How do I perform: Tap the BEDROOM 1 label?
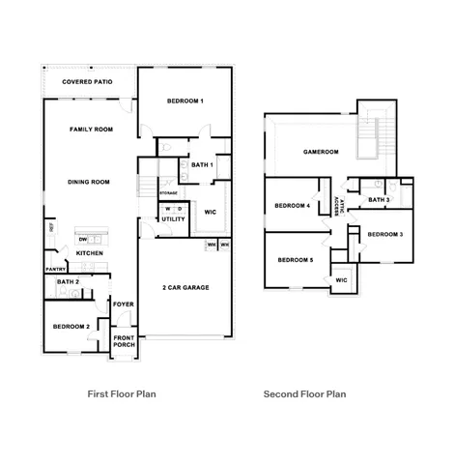point(185,101)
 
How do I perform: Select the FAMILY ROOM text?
point(92,129)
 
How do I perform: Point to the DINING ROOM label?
point(88,182)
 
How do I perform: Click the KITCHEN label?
point(90,253)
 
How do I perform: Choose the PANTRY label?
point(54,270)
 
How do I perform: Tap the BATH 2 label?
point(68,282)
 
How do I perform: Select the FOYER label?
point(123,304)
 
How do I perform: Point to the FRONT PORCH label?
point(125,340)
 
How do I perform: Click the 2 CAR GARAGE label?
point(185,287)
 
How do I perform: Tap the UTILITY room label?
point(173,219)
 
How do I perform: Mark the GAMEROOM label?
point(320,152)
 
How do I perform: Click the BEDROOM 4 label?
point(292,205)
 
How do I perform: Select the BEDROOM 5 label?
point(295,259)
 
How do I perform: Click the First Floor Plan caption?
point(122,394)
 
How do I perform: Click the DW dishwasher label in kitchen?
point(83,240)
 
